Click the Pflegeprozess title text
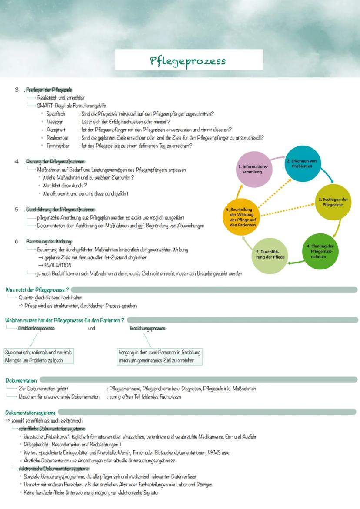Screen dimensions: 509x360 click(x=188, y=60)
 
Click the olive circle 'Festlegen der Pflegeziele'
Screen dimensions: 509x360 click(x=333, y=202)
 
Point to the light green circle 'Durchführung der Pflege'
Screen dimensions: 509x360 click(x=270, y=255)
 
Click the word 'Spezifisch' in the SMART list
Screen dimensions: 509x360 click(x=56, y=114)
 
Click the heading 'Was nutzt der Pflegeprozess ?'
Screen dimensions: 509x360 click(x=37, y=289)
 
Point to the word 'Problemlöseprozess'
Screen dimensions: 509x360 click(x=37, y=329)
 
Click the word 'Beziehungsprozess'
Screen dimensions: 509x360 click(x=148, y=329)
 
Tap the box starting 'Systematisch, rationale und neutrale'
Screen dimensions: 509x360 click(x=38, y=356)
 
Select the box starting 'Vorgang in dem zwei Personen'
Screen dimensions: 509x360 click(x=160, y=356)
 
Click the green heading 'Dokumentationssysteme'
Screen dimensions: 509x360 click(x=30, y=412)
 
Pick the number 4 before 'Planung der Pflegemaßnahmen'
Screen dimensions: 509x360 click(x=17, y=161)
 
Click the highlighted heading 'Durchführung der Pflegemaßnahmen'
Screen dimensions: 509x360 click(x=60, y=210)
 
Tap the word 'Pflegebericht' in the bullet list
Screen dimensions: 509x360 click(x=37, y=445)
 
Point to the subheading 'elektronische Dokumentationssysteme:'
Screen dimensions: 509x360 click(x=54, y=469)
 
